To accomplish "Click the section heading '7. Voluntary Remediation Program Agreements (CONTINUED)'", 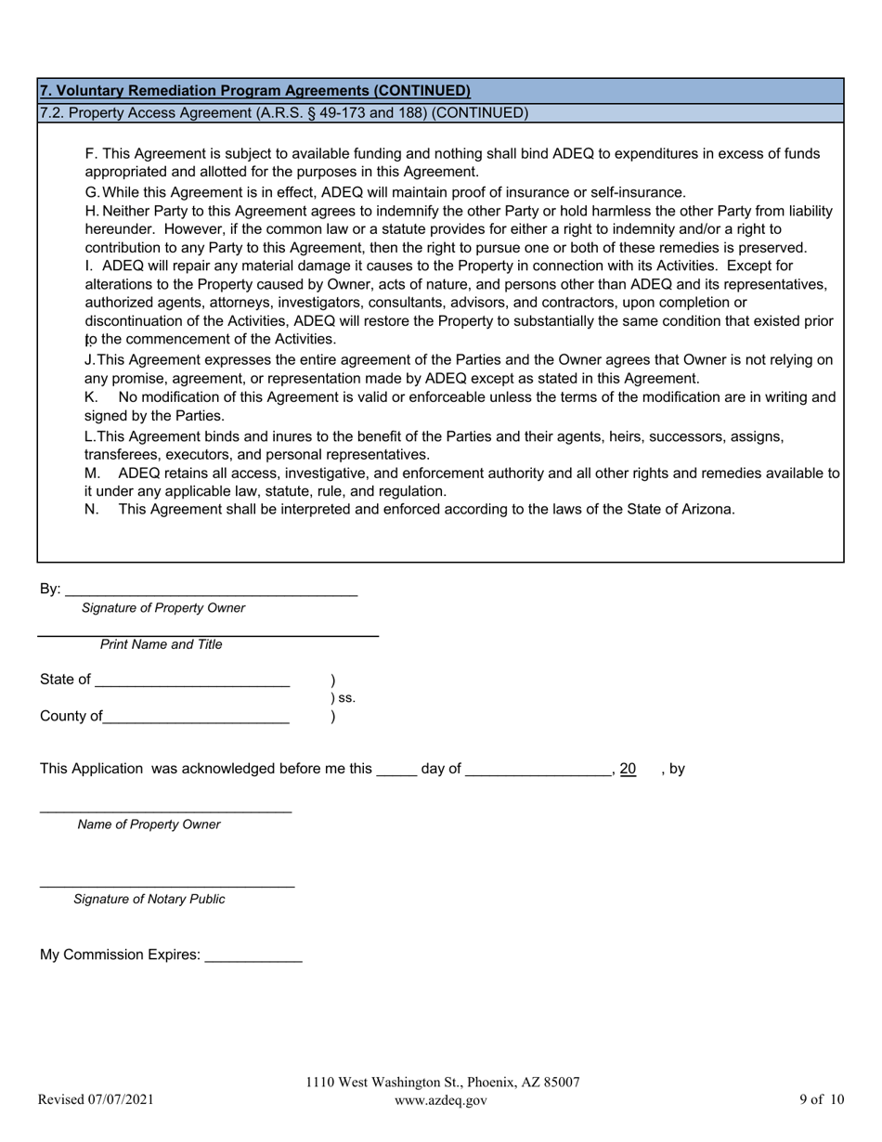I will pyautogui.click(x=254, y=91).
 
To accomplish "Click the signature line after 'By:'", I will pyautogui.click(x=211, y=591).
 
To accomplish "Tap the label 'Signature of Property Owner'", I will pyautogui.click(x=163, y=608).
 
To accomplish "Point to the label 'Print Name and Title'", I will pyautogui.click(x=162, y=644).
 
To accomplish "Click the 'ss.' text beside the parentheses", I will pyautogui.click(x=345, y=698).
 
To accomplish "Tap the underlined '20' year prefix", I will pyautogui.click(x=628, y=769).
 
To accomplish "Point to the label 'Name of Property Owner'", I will pyautogui.click(x=149, y=824).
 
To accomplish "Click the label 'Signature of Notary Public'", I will pyautogui.click(x=149, y=899).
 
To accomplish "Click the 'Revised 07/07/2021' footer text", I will pyautogui.click(x=96, y=1100).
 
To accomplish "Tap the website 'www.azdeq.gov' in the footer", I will pyautogui.click(x=440, y=1100).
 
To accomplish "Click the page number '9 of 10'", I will pyautogui.click(x=822, y=1100).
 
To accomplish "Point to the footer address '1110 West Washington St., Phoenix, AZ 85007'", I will pyautogui.click(x=443, y=1083).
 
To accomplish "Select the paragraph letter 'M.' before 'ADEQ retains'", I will pyautogui.click(x=92, y=474).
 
